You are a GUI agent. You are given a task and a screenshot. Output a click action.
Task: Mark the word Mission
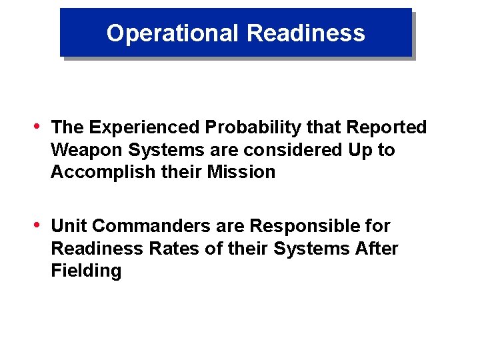click(241, 172)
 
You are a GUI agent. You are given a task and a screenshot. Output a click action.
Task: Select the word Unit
click(69, 226)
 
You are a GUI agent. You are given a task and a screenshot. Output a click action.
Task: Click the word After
click(377, 249)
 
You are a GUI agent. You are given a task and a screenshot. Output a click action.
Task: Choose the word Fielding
click(86, 271)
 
